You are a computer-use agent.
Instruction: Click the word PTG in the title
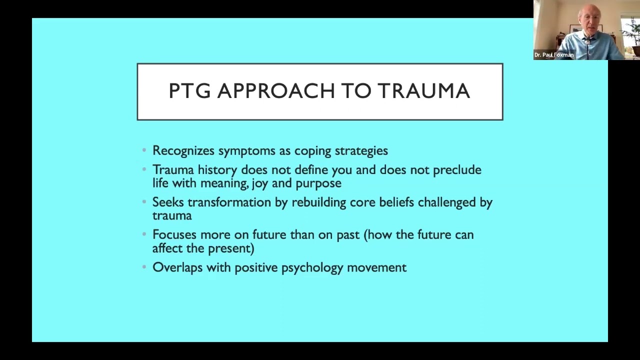(189, 91)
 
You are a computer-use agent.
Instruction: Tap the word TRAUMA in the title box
(423, 91)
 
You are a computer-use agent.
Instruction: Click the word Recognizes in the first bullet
(183, 151)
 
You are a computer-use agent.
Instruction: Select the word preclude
(457, 170)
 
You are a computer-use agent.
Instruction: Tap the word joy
(260, 183)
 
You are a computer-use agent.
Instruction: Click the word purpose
(318, 183)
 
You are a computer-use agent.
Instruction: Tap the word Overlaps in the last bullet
(177, 267)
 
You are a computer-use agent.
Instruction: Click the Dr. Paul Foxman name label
(554, 55)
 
